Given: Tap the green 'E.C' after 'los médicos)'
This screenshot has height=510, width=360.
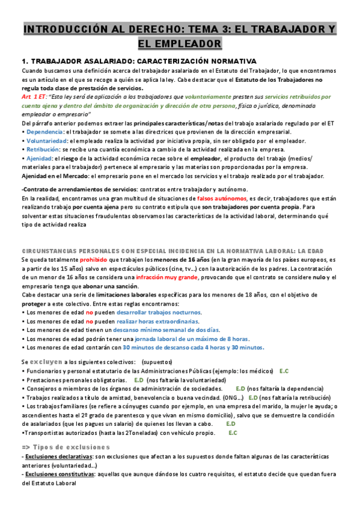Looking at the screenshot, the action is click(x=284, y=371).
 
